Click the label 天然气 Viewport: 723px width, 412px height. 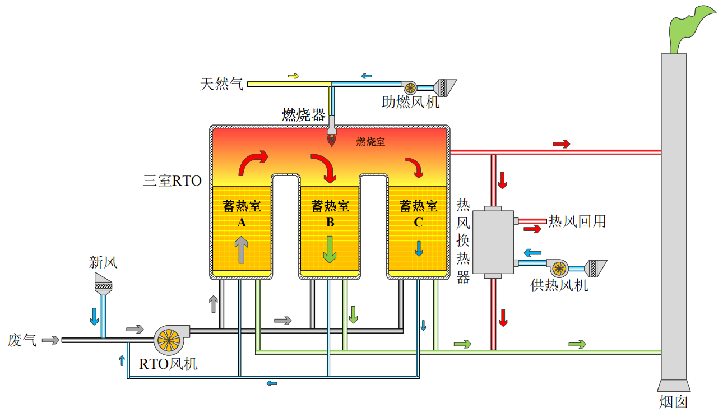(x=221, y=84)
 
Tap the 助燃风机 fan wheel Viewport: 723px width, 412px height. (x=410, y=87)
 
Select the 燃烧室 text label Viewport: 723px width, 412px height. (x=370, y=142)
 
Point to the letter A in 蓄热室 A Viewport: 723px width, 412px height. (x=242, y=223)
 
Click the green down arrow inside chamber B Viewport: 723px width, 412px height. (x=330, y=249)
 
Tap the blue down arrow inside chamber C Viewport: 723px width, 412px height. (x=419, y=249)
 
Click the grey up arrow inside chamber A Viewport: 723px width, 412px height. (x=241, y=249)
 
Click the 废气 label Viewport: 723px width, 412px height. (x=22, y=340)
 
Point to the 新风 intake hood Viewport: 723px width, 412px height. (x=103, y=283)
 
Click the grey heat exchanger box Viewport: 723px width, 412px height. (x=493, y=242)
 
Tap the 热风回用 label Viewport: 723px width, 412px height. (x=577, y=221)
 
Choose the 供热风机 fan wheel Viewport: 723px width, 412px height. (x=559, y=269)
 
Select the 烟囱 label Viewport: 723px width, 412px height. (x=673, y=402)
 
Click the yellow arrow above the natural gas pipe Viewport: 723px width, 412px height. (x=293, y=76)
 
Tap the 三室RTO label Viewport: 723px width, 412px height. (x=173, y=180)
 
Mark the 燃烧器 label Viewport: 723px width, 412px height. (x=303, y=115)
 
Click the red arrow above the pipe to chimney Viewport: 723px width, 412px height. (x=561, y=143)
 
